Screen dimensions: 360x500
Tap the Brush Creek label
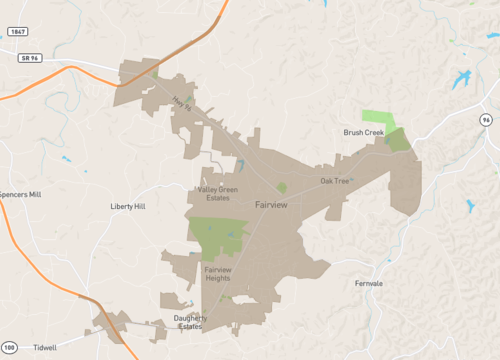pyautogui.click(x=363, y=132)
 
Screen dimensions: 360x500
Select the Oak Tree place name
pyautogui.click(x=335, y=181)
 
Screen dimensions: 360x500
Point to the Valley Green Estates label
pyautogui.click(x=217, y=193)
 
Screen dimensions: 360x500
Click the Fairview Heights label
pyautogui.click(x=217, y=274)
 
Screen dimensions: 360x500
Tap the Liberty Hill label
pyautogui.click(x=127, y=206)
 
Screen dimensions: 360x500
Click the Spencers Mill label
pyautogui.click(x=20, y=194)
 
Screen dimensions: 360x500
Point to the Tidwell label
pyautogui.click(x=45, y=348)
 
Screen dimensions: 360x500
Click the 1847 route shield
pyautogui.click(x=17, y=32)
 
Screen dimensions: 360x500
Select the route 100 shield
pyautogui.click(x=9, y=348)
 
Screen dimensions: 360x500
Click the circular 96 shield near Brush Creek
pyautogui.click(x=486, y=119)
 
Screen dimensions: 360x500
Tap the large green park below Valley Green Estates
pyautogui.click(x=217, y=234)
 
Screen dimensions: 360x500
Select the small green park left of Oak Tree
pyautogui.click(x=282, y=187)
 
